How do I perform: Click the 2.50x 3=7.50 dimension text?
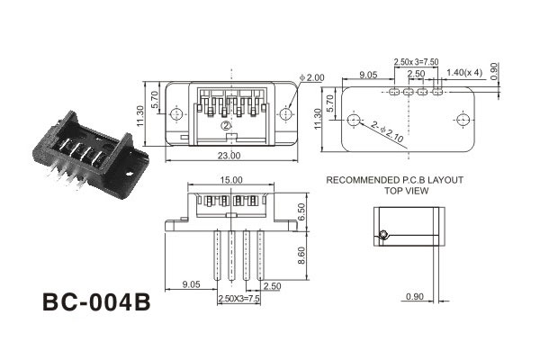coord(416,61)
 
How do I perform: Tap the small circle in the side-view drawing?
coord(383,235)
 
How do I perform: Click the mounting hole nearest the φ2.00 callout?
coord(287,114)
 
